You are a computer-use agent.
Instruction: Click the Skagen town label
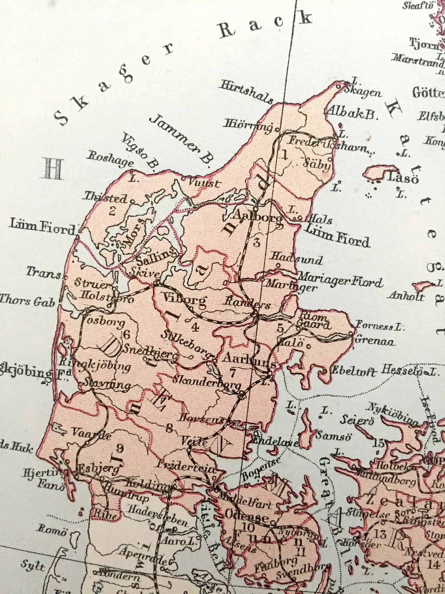click(362, 92)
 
